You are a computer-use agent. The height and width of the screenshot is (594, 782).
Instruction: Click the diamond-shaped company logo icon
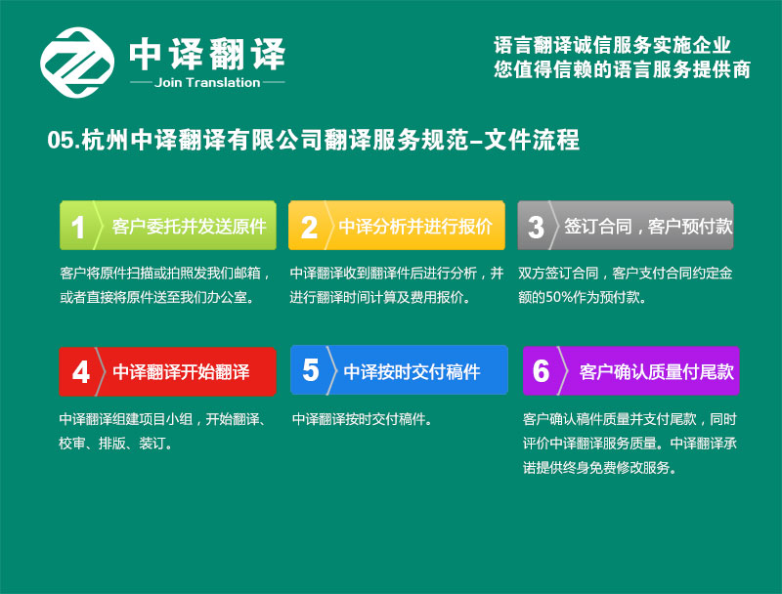coord(77,63)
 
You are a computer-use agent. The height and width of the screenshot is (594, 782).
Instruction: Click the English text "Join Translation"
coord(207,83)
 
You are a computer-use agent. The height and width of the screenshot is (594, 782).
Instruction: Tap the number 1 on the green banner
coord(78,228)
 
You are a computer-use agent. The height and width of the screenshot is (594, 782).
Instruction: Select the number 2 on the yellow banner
coord(309,228)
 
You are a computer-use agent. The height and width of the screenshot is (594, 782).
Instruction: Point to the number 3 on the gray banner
coord(536,228)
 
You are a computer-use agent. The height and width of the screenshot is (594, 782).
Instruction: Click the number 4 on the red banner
coord(81,372)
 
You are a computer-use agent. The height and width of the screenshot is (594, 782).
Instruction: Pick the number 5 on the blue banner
coord(310,370)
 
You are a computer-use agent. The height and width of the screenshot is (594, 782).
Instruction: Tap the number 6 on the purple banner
coord(542,371)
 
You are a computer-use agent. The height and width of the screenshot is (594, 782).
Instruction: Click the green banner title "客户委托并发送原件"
coord(189,227)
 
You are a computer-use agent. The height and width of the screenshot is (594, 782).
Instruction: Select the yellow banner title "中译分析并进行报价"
coord(415,227)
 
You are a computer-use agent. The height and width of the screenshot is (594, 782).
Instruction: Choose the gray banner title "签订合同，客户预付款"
coord(648,227)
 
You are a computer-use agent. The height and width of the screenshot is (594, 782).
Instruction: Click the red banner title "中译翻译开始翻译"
coord(181,372)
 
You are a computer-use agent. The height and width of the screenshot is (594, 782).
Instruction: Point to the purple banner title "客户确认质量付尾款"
coord(656,372)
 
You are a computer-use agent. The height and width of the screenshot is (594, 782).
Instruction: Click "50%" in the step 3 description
coord(559,298)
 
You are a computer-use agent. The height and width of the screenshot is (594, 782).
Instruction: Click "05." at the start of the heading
coord(64,140)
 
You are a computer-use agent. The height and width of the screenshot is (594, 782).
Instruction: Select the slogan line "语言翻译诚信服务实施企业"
coord(613,45)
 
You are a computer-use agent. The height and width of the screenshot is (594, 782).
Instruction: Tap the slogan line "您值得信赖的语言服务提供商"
coord(623,69)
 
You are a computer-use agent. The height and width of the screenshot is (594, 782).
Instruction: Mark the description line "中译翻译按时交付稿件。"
coord(362,419)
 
